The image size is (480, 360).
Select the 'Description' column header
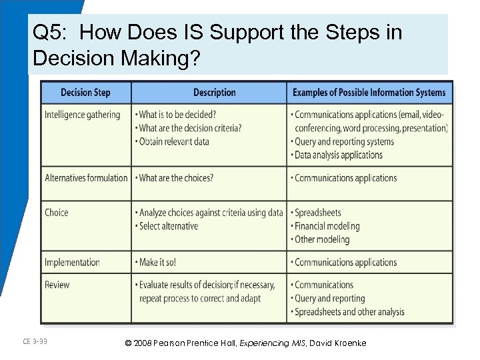[x=214, y=93]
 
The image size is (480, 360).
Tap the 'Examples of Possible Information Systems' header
[x=370, y=93]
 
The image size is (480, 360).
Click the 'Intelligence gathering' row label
[x=83, y=115]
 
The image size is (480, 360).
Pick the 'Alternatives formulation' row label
[x=86, y=178]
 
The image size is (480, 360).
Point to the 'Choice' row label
[x=57, y=213]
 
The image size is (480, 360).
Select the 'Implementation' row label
[x=72, y=262]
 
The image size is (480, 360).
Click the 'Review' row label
[x=58, y=285]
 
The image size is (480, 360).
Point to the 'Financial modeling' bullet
[x=327, y=227]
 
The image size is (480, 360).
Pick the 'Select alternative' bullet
[x=169, y=226]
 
